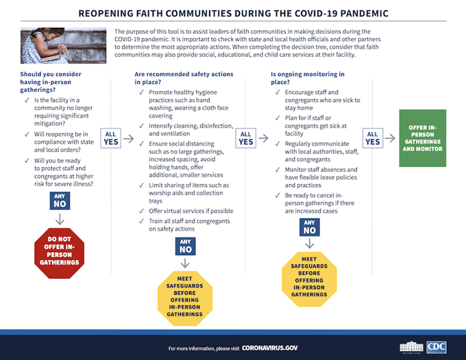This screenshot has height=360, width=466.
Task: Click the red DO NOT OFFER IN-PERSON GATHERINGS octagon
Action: pyautogui.click(x=59, y=253)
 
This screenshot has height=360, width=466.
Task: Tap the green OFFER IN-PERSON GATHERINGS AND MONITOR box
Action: pyautogui.click(x=423, y=138)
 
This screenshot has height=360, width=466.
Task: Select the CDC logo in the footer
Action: pyautogui.click(x=437, y=347)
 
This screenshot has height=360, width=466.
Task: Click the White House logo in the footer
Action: pyautogui.click(x=412, y=347)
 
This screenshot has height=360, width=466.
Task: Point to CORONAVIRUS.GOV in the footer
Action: pyautogui.click(x=270, y=348)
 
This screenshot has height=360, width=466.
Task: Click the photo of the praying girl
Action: pyautogui.click(x=63, y=46)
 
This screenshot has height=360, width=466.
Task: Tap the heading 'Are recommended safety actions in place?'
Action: pyautogui.click(x=184, y=78)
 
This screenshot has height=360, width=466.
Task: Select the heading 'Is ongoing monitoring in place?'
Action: pyautogui.click(x=308, y=78)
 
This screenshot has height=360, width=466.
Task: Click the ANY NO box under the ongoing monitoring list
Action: pyautogui.click(x=310, y=227)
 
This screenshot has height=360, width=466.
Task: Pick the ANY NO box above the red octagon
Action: pyautogui.click(x=60, y=201)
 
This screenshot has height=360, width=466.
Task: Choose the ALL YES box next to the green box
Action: pyautogui.click(x=373, y=138)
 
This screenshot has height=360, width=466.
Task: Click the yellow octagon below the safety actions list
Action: pyautogui.click(x=185, y=299)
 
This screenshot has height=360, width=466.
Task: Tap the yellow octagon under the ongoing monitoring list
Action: pyautogui.click(x=309, y=279)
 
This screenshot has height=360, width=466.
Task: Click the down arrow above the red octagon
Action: pyautogui.click(x=60, y=219)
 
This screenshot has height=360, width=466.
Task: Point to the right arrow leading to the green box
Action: pyautogui.click(x=390, y=138)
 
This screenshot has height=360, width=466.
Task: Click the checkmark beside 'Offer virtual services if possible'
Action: pyautogui.click(x=142, y=211)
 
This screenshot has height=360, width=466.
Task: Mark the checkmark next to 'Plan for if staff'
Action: pyautogui.click(x=278, y=118)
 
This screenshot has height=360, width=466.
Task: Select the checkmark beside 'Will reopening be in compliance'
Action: pyautogui.click(x=27, y=135)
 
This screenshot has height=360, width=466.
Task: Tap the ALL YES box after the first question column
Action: pyautogui.click(x=111, y=138)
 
